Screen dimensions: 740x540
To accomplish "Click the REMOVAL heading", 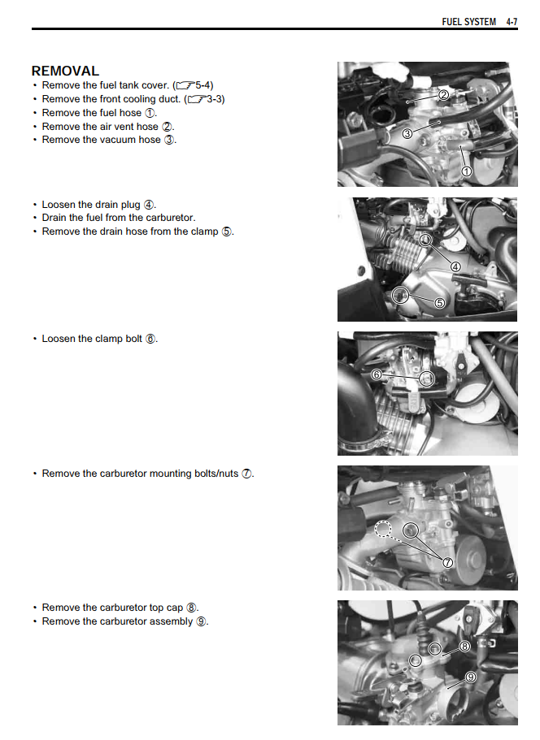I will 65,71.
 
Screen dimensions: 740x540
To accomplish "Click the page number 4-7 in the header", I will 511,22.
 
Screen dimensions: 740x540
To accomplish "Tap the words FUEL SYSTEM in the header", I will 468,22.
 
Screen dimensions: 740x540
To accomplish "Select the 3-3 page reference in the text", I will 216,99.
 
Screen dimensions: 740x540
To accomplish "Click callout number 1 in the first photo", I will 467,171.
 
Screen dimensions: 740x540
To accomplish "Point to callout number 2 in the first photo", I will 443,94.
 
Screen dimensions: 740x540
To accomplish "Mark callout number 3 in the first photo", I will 407,133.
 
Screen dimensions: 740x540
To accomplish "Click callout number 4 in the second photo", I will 455,266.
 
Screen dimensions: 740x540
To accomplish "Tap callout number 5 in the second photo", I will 439,303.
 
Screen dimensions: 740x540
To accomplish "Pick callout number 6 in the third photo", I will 377,375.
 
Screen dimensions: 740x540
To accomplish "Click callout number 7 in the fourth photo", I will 447,561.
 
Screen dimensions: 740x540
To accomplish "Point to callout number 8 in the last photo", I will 464,647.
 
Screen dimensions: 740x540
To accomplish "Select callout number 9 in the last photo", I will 471,676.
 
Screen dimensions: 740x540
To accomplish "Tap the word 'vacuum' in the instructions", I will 121,140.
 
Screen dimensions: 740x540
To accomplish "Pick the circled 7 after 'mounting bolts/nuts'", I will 246,474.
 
